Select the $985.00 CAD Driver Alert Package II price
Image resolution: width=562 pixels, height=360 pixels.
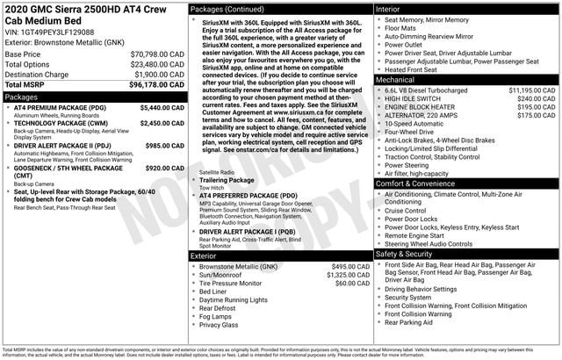pyautogui.click(x=164, y=146)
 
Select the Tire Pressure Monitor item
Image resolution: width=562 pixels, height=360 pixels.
pyautogui.click(x=230, y=284)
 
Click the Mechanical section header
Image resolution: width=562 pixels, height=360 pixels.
pyautogui.click(x=395, y=80)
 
